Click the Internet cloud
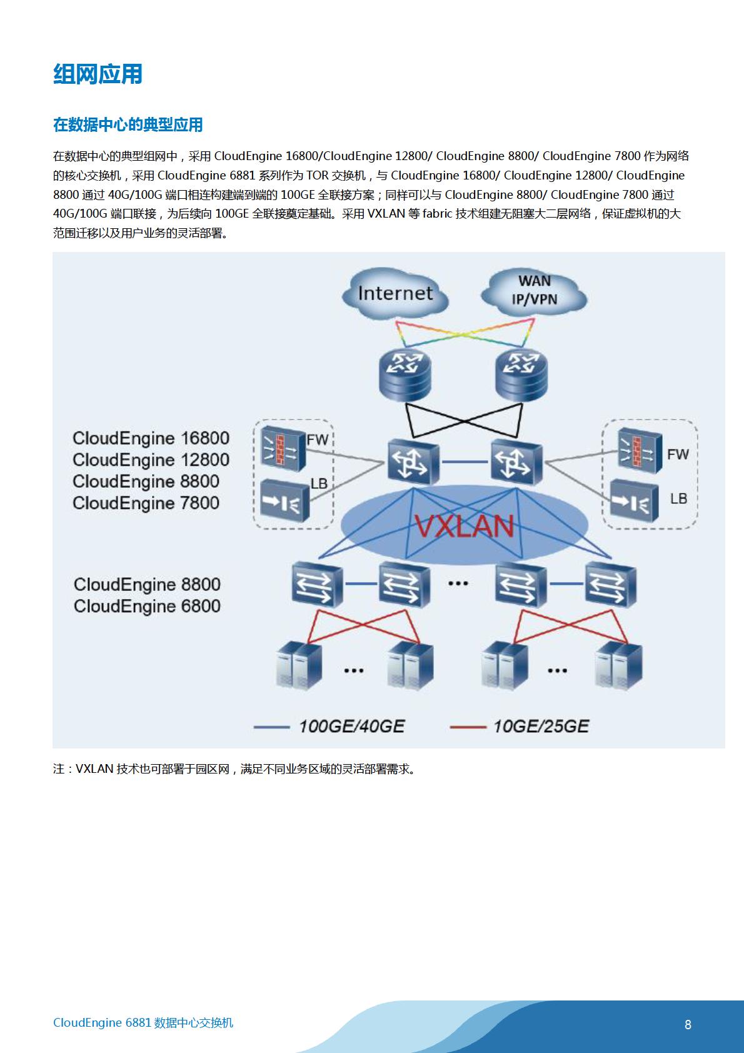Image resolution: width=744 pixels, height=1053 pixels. (x=395, y=294)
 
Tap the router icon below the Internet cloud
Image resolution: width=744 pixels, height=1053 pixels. (x=405, y=375)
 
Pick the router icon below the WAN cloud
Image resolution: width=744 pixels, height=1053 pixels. (x=521, y=375)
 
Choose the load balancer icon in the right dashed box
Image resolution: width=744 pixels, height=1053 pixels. (x=634, y=501)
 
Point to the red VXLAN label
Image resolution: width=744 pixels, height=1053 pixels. (x=465, y=526)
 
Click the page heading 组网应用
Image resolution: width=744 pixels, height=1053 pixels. (x=98, y=74)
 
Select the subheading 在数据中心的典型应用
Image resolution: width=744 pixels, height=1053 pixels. (x=128, y=125)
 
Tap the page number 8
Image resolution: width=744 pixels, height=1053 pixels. (x=688, y=1024)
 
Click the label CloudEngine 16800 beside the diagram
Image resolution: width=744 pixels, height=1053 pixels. (x=151, y=438)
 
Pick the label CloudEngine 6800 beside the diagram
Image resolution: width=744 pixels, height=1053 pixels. (x=147, y=607)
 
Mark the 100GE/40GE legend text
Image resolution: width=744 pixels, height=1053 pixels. (x=352, y=727)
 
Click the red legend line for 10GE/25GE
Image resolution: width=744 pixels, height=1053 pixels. (x=468, y=727)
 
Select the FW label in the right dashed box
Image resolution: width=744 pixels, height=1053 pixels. (x=678, y=454)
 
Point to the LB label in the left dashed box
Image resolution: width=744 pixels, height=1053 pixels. (x=319, y=483)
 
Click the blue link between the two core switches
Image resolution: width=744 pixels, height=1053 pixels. (x=465, y=462)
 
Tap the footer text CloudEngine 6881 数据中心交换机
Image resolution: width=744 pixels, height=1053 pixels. (x=143, y=1023)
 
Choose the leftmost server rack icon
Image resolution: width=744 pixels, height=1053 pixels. (x=299, y=665)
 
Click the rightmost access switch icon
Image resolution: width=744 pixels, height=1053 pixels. (x=611, y=585)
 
